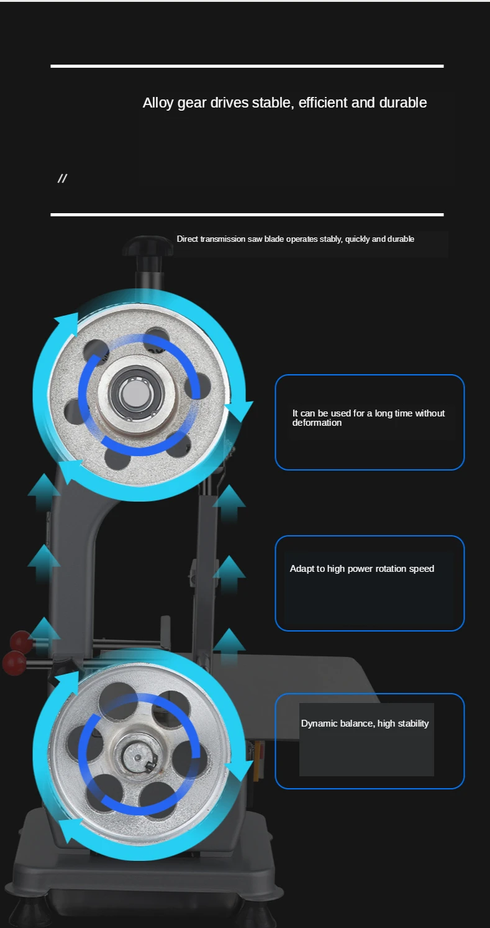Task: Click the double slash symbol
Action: point(62,178)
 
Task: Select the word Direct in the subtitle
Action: point(188,239)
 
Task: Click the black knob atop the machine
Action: point(148,246)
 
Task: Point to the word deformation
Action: point(317,423)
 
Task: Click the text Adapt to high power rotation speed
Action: point(362,569)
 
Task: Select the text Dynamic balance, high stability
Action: point(365,724)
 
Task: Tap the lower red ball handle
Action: point(14,663)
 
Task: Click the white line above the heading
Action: point(247,66)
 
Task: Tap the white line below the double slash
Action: point(247,214)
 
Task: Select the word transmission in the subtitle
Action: point(223,239)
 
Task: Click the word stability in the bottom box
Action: point(413,724)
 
